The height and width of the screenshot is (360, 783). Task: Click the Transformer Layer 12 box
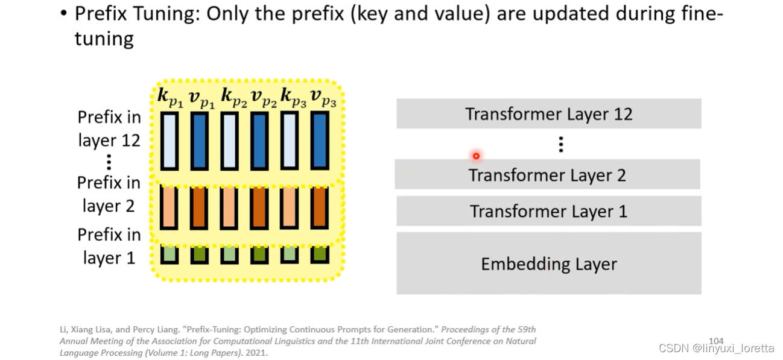[548, 114]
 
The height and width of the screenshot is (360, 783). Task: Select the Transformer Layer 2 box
[547, 175]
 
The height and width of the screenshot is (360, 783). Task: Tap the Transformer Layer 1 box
[548, 211]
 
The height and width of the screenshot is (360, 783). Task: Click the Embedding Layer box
[548, 264]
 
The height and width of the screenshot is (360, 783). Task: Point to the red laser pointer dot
[476, 156]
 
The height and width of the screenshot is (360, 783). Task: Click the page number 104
[716, 341]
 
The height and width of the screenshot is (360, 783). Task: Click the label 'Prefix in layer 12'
[109, 128]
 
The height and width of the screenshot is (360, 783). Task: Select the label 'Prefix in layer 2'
[109, 194]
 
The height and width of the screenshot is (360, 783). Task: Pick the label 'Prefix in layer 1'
[109, 246]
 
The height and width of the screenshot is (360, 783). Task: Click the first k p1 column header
[170, 98]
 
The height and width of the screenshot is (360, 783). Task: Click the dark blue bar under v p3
[320, 141]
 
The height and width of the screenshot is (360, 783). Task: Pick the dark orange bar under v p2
[259, 207]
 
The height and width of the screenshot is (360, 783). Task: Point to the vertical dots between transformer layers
[561, 144]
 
